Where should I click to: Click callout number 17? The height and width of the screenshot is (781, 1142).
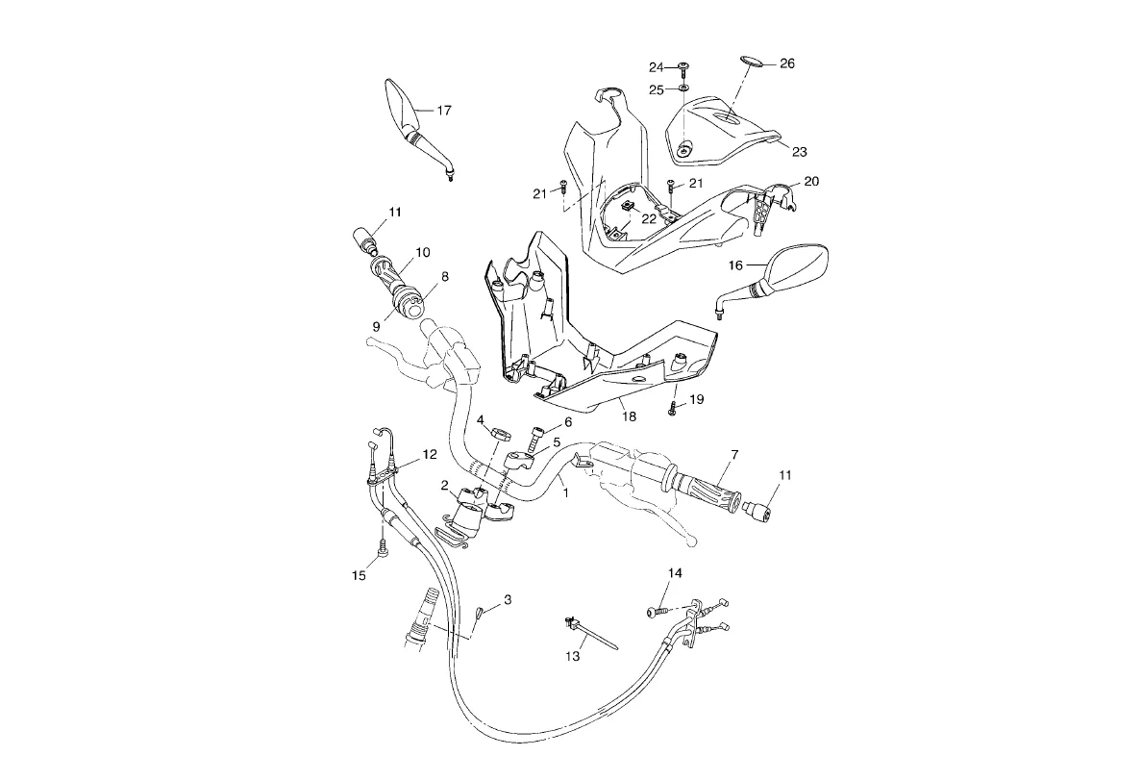(443, 111)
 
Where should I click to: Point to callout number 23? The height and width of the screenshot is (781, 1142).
(799, 151)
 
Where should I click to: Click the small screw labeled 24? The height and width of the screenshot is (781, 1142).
(683, 66)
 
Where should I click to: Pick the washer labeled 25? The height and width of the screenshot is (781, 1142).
(683, 88)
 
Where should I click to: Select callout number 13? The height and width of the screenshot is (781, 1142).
(573, 656)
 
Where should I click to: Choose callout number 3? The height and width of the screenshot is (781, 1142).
(508, 600)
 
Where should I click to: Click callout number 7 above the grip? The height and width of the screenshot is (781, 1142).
(733, 454)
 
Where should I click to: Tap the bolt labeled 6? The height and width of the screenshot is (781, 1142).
(534, 435)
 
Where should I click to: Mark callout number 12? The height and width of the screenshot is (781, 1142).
(429, 454)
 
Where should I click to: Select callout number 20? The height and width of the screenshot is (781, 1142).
(811, 182)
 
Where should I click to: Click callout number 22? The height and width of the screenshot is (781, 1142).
(649, 219)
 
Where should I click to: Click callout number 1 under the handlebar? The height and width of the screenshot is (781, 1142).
(566, 492)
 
